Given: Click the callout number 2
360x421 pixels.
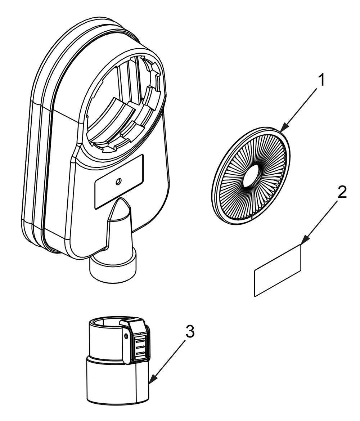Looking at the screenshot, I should [342, 193].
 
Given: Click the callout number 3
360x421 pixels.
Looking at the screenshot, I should [190, 332].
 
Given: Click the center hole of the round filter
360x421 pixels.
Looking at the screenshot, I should [252, 176].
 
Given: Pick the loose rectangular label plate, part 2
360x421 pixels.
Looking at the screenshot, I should [277, 270].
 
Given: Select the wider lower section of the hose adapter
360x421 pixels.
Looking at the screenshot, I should [117, 382].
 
